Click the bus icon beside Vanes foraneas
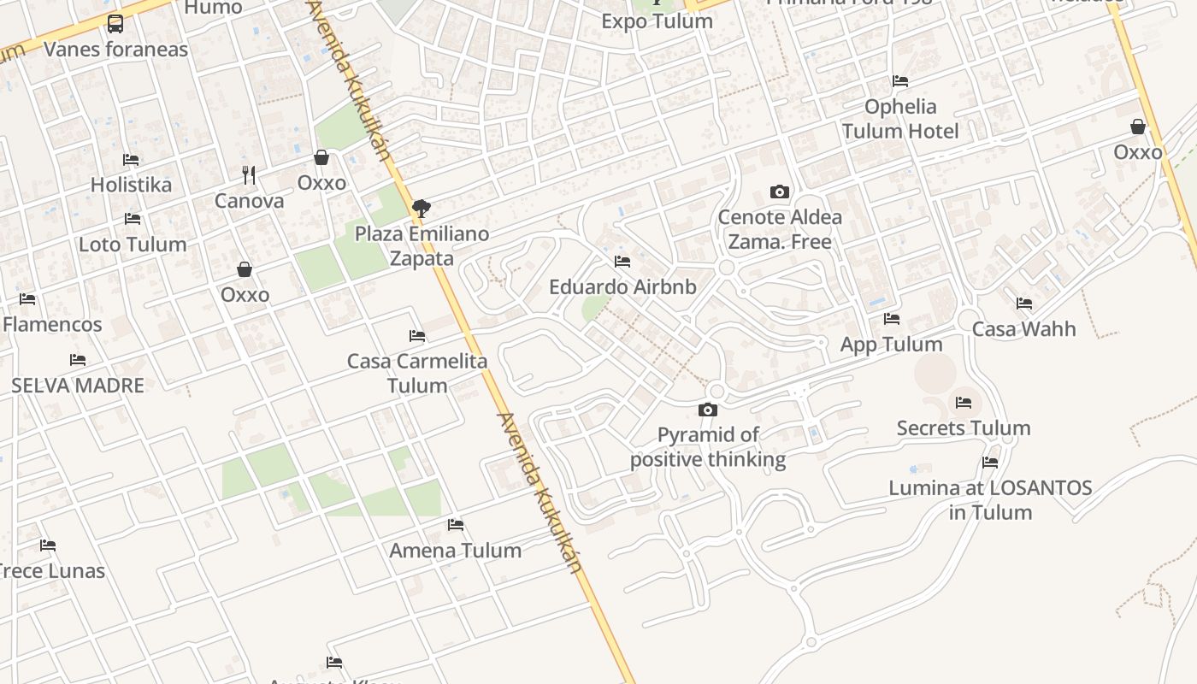115,24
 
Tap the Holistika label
131,185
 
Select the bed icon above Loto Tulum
133,219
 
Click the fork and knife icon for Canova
249,175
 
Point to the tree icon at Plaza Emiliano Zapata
421,208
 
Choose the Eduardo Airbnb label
622,287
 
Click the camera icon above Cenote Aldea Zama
779,192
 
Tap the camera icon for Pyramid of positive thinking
708,410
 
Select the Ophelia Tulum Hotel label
900,119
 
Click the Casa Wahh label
1023,329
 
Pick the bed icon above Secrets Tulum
964,403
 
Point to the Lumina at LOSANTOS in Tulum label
990,500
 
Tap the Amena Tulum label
456,551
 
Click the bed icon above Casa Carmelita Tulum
417,336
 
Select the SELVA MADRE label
78,386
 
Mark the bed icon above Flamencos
27,299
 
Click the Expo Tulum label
657,21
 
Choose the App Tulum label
892,345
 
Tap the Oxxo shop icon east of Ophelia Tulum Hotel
1138,127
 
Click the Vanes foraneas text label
115,50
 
